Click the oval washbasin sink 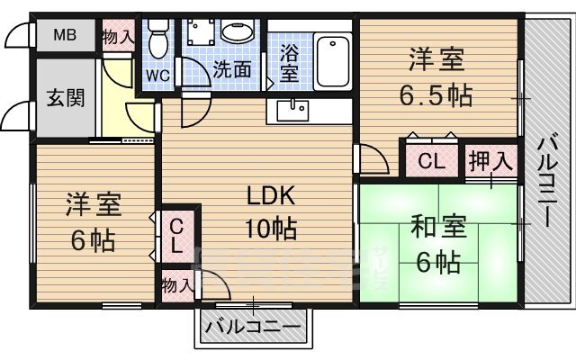coord(238,33)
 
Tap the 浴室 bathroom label coord(290,62)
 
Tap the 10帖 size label coord(271,229)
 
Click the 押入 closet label coord(490,162)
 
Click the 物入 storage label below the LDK coord(177,284)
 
